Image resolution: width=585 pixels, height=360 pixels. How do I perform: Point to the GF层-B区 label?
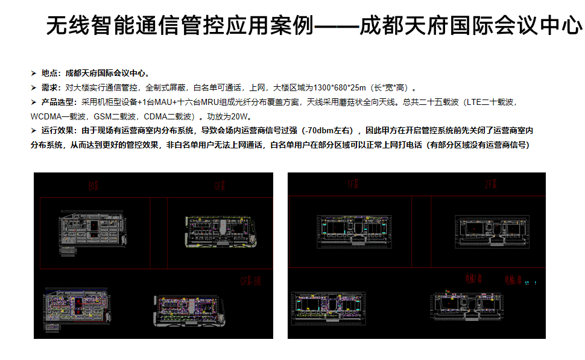pos(250,281)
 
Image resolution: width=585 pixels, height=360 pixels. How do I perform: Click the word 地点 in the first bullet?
pos(51,73)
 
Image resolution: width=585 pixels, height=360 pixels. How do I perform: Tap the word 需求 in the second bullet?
pos(51,87)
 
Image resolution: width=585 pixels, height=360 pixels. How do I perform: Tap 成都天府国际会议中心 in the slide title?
pos(470,27)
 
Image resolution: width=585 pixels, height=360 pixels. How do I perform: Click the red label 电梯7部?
pos(473,279)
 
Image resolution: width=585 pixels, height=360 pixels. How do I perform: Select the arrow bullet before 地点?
pos(34,73)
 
